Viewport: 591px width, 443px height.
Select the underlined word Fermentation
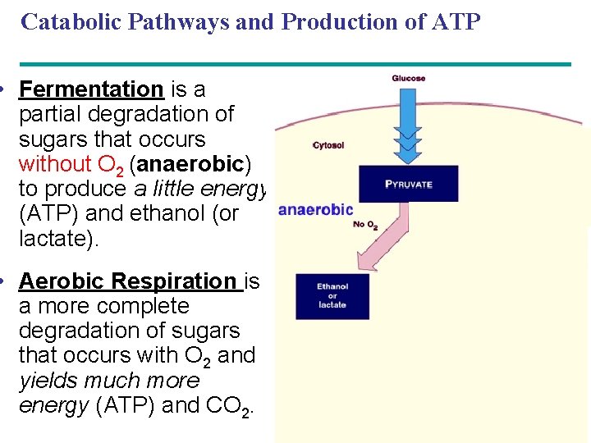coord(91,89)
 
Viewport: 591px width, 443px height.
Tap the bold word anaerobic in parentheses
coord(190,164)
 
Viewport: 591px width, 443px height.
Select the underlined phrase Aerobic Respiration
coord(127,281)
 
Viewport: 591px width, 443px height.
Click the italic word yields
coord(50,381)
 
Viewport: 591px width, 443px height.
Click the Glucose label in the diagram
coord(408,79)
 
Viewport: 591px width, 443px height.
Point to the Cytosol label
coord(328,145)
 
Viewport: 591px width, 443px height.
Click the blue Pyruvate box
coord(408,185)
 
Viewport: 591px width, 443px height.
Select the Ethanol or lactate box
coord(332,296)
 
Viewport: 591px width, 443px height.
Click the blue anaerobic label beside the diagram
coord(316,210)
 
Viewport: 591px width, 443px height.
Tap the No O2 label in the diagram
coord(364,224)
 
